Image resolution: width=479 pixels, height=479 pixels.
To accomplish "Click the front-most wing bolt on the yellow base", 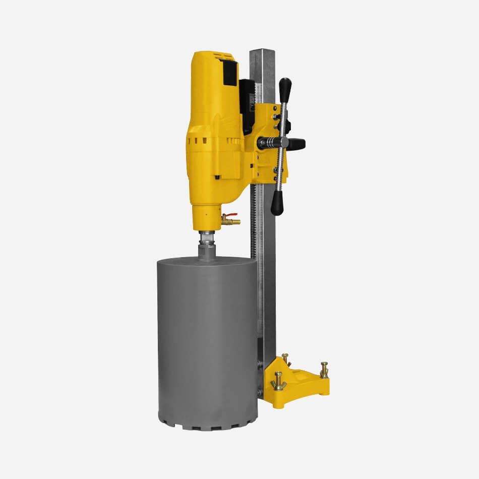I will (278, 382).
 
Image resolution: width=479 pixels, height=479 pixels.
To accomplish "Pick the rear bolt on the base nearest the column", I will (285, 360).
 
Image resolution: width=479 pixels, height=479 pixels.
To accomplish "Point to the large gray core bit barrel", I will (207, 343).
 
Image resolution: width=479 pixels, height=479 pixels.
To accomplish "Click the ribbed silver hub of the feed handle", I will (270, 143).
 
